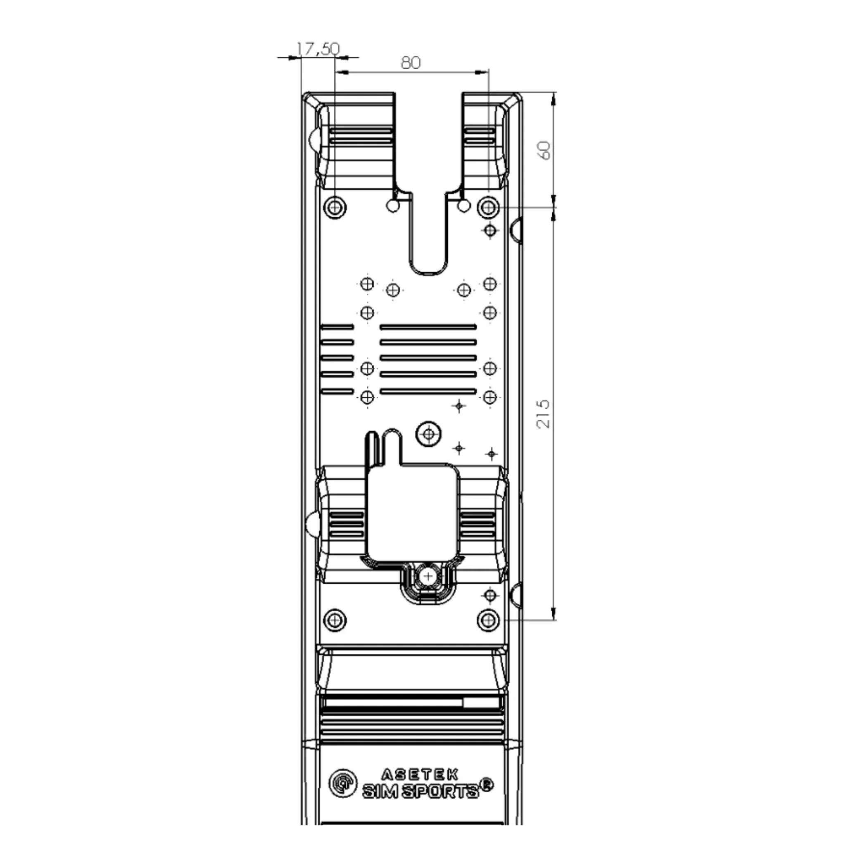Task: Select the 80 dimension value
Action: [x=411, y=63]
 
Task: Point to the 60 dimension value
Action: [x=544, y=150]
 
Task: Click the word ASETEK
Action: [x=420, y=775]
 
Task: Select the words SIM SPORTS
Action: [x=421, y=791]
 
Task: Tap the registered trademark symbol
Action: [x=487, y=784]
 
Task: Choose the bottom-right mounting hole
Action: [x=488, y=620]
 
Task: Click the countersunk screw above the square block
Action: [x=429, y=434]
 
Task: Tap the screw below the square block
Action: [x=428, y=576]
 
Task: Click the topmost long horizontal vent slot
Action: [x=428, y=327]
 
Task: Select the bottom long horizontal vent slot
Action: [x=428, y=391]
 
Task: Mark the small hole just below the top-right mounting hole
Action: [x=490, y=230]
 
